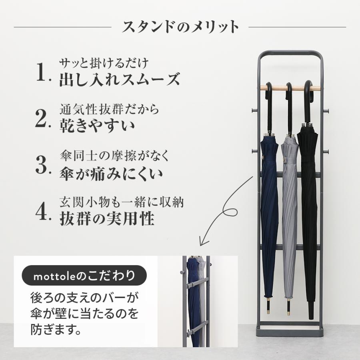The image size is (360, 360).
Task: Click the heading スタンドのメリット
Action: click(x=180, y=27)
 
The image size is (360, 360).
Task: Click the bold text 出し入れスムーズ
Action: click(x=119, y=79)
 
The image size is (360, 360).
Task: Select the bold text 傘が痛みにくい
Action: click(x=111, y=172)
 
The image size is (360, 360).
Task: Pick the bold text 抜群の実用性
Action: click(x=107, y=218)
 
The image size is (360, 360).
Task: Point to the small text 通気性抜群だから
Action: click(x=109, y=109)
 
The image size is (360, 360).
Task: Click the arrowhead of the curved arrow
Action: click(x=202, y=242)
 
